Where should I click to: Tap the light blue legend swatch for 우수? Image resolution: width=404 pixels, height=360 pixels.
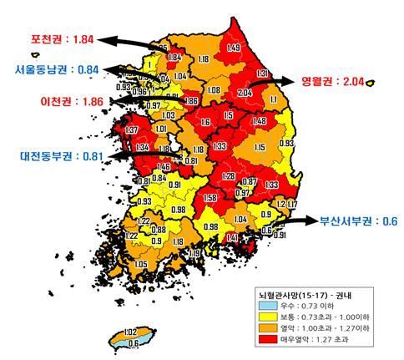(x=267, y=306)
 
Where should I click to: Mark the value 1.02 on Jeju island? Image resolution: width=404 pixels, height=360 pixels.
(x=129, y=332)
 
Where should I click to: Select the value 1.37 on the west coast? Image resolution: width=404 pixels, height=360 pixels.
(x=130, y=130)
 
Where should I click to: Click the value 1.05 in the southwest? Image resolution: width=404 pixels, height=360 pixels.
(x=141, y=264)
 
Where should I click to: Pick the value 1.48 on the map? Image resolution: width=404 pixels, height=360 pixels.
(x=260, y=121)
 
